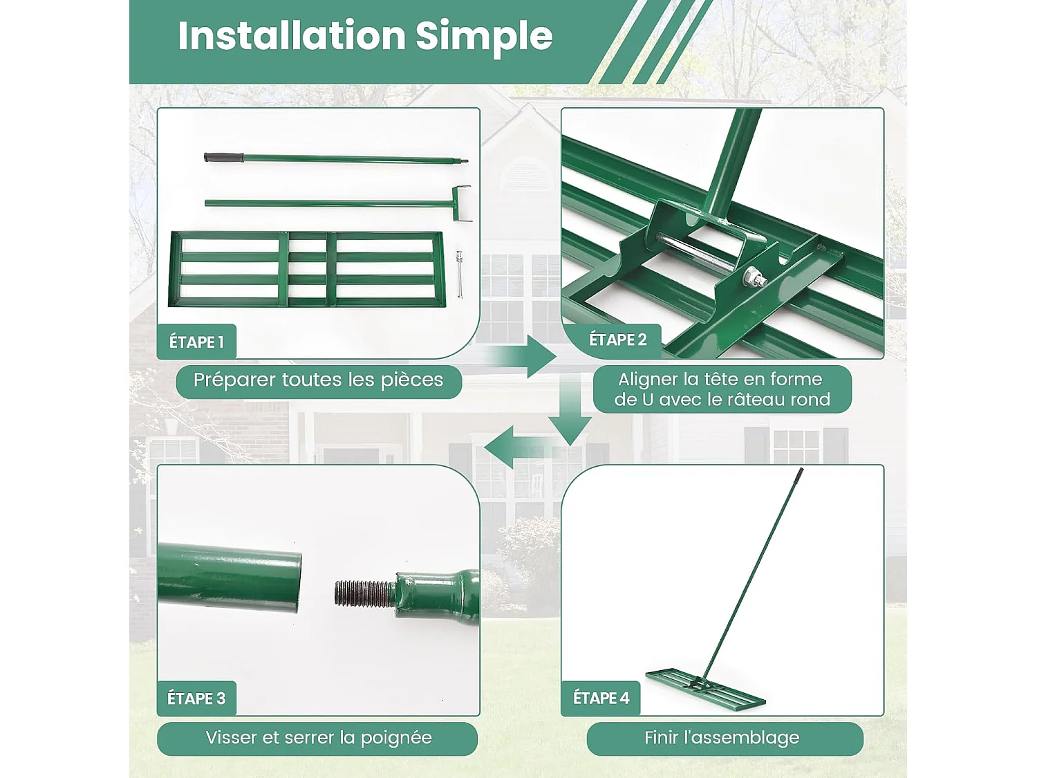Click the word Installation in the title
tap(292, 36)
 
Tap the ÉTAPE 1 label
tap(196, 342)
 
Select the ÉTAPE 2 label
tap(617, 339)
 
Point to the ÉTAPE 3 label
tap(196, 698)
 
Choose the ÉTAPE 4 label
tap(601, 698)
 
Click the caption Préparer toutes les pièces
tap(319, 380)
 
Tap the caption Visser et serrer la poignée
tap(319, 738)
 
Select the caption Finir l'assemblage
tap(722, 737)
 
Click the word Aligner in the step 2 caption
tap(649, 379)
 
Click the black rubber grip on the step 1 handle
tap(223, 157)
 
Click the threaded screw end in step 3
tap(364, 594)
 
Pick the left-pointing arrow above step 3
tap(520, 447)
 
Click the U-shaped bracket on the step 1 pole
tap(460, 203)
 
